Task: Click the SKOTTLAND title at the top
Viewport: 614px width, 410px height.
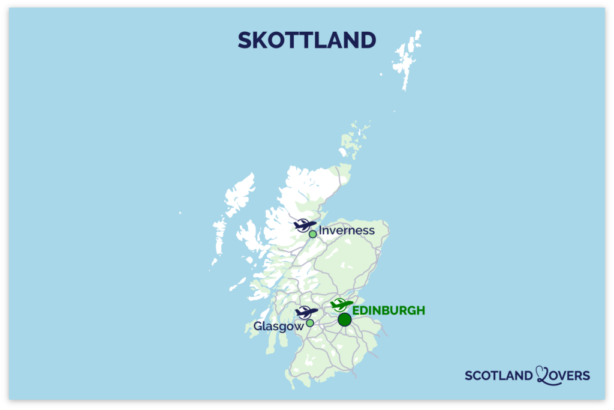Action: coord(306,40)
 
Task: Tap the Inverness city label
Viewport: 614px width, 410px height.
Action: coord(347,231)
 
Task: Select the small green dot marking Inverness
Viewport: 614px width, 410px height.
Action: coord(312,234)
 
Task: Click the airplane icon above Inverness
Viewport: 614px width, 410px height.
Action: coord(305,225)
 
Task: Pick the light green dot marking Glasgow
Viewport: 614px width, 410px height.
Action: coord(310,323)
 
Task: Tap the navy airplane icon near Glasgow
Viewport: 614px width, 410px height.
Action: coord(306,312)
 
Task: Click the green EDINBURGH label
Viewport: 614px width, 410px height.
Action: coord(389,310)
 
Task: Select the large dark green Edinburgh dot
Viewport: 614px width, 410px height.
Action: coord(344,319)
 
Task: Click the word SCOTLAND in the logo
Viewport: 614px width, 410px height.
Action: coord(498,376)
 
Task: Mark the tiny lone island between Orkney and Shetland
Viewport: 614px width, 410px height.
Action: coord(394,111)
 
